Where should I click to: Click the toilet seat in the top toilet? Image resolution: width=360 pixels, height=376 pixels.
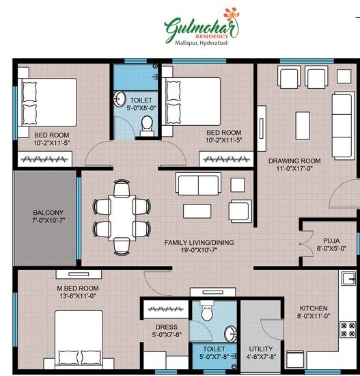coord(146,124)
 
